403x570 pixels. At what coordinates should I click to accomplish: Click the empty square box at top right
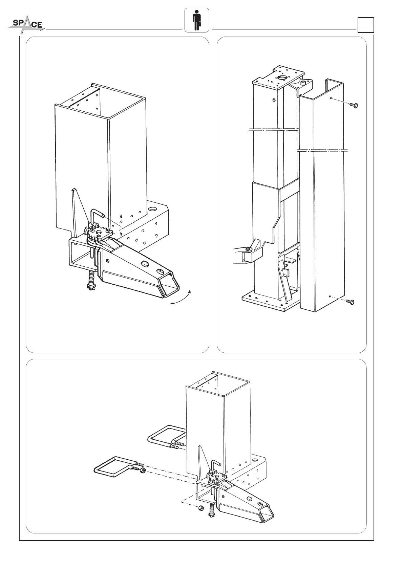click(x=366, y=25)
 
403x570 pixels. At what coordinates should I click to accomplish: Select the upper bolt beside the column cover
click(x=353, y=105)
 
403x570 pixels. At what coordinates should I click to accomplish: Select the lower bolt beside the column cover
click(x=351, y=302)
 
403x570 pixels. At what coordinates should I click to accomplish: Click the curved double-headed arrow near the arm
click(x=181, y=298)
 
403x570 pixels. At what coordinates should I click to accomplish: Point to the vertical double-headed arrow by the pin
click(x=121, y=224)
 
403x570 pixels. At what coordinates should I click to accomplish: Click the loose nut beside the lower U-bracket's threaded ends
click(x=143, y=470)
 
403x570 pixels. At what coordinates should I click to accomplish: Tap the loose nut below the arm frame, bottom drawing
click(x=200, y=508)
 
